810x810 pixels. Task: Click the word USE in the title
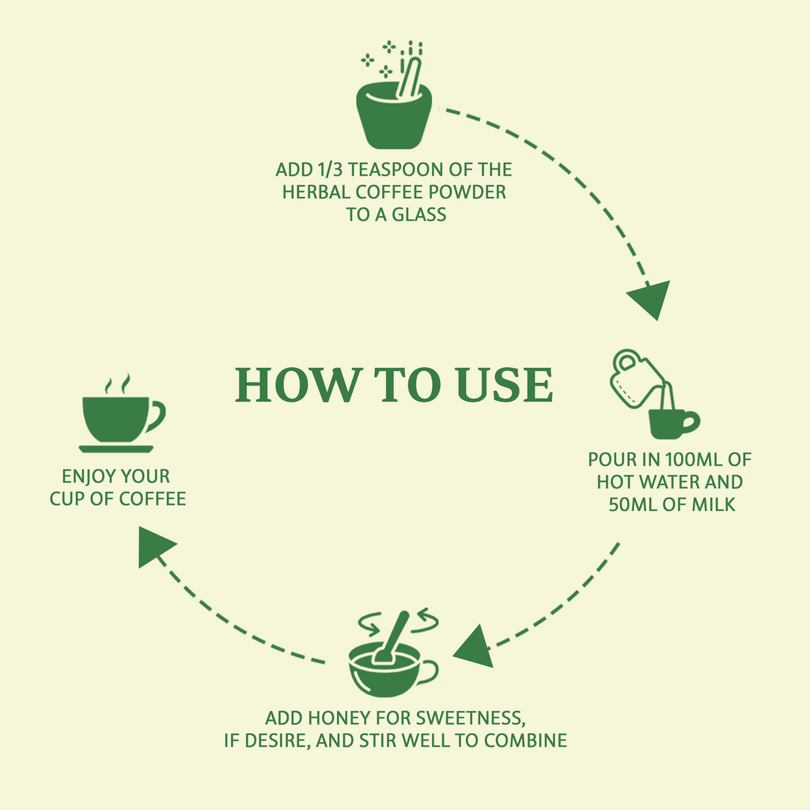[x=505, y=385]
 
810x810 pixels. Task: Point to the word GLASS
[x=419, y=214]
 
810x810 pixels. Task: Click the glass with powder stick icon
[x=393, y=95]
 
